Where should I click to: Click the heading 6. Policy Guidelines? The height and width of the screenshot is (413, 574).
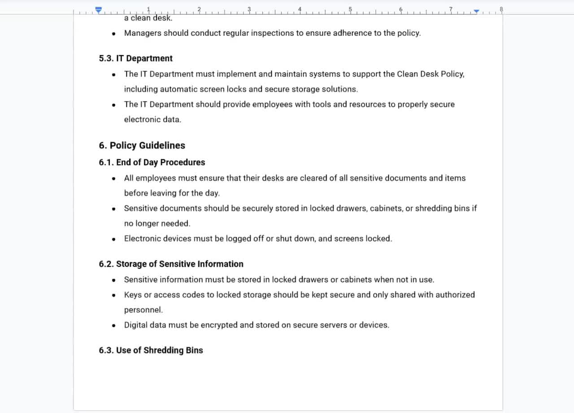[x=142, y=145]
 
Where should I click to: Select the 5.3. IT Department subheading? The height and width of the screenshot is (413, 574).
[x=135, y=58]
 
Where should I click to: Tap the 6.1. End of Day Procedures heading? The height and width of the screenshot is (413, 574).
[x=152, y=163]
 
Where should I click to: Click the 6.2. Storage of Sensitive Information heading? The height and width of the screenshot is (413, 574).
[x=171, y=264]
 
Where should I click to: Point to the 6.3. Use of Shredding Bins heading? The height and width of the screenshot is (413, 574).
[x=151, y=350]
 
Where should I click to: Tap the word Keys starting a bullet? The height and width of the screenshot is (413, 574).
[x=133, y=295]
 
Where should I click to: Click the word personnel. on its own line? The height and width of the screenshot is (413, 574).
[x=143, y=310]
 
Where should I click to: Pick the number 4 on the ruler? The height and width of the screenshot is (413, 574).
[x=300, y=9]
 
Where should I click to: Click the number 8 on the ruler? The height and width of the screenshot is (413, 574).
[x=501, y=9]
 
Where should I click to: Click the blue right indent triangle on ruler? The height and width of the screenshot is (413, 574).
[x=476, y=11]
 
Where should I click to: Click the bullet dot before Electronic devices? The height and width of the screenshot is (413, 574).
[x=114, y=239]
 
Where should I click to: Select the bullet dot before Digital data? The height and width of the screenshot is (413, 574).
[x=114, y=325]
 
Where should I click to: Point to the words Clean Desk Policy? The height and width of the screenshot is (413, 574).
[x=430, y=74]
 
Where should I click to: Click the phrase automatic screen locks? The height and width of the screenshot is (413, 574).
[x=209, y=89]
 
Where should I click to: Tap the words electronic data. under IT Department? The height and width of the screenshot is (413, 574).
[x=152, y=119]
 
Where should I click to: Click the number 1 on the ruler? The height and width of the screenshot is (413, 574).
[x=148, y=9]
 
